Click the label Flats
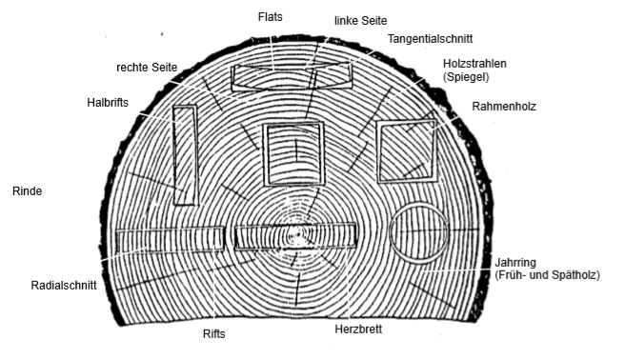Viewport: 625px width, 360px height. click(271, 16)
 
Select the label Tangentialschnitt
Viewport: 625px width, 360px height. click(429, 38)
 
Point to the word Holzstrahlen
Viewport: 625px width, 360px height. click(474, 63)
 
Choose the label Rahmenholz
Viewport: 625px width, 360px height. click(504, 108)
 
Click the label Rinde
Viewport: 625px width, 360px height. click(26, 190)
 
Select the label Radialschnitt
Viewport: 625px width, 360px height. click(64, 284)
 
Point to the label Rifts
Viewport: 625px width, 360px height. click(214, 334)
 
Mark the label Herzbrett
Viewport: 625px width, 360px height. click(360, 330)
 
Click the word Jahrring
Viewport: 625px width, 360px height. click(517, 262)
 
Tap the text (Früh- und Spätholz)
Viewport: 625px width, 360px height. click(547, 275)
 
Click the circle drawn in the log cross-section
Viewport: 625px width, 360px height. click(419, 234)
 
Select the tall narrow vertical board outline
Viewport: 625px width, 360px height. click(185, 154)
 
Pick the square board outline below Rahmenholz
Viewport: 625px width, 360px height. click(408, 151)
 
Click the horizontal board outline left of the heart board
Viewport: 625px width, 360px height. click(170, 238)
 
